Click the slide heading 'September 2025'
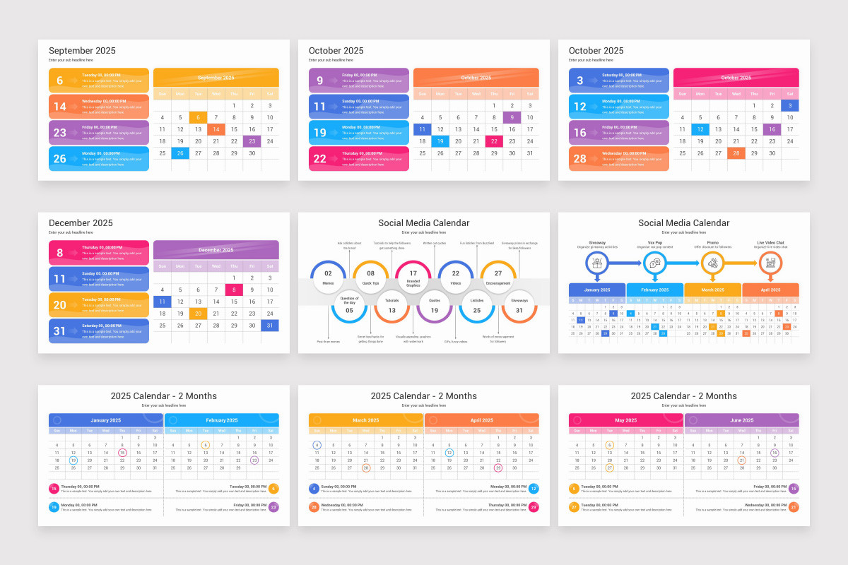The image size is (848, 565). pyautogui.click(x=82, y=51)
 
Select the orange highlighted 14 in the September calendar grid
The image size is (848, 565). pyautogui.click(x=216, y=129)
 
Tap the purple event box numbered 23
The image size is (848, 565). pyautogui.click(x=99, y=133)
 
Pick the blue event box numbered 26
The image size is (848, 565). pyautogui.click(x=99, y=159)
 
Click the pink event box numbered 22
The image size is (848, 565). pyautogui.click(x=359, y=159)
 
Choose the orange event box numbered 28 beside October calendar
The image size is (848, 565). pyautogui.click(x=619, y=159)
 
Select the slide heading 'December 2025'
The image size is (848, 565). pyautogui.click(x=81, y=223)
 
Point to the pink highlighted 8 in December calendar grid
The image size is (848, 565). pyautogui.click(x=234, y=290)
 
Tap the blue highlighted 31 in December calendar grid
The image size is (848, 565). pyautogui.click(x=270, y=326)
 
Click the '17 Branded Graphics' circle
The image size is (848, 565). pyautogui.click(x=413, y=278)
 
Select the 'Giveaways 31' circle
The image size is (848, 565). pyautogui.click(x=519, y=305)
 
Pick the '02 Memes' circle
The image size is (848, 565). pyautogui.click(x=329, y=278)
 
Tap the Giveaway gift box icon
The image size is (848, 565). pyautogui.click(x=597, y=263)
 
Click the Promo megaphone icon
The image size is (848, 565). pyautogui.click(x=712, y=263)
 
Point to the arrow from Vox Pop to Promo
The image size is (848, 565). pyautogui.click(x=683, y=263)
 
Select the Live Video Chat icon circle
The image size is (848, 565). pyautogui.click(x=770, y=263)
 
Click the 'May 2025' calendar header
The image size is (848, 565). pyautogui.click(x=626, y=420)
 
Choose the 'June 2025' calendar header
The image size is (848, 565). pyautogui.click(x=741, y=420)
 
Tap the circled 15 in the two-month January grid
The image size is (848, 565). pyautogui.click(x=122, y=453)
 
